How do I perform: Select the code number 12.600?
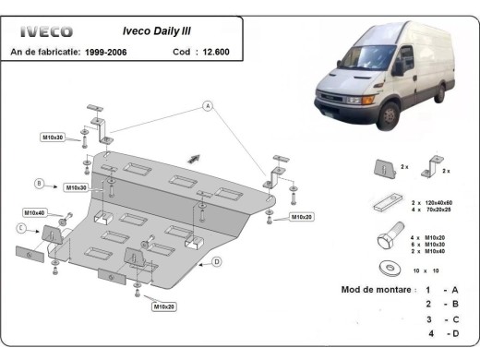pyautogui.click(x=217, y=52)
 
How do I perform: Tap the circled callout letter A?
pyautogui.click(x=210, y=107)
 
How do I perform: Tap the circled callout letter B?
pyautogui.click(x=40, y=182)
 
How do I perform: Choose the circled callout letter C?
pyautogui.click(x=20, y=227)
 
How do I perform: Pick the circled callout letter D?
pyautogui.click(x=215, y=261)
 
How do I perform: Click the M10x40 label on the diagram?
pyautogui.click(x=34, y=212)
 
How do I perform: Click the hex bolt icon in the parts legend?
pyautogui.click(x=383, y=242)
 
